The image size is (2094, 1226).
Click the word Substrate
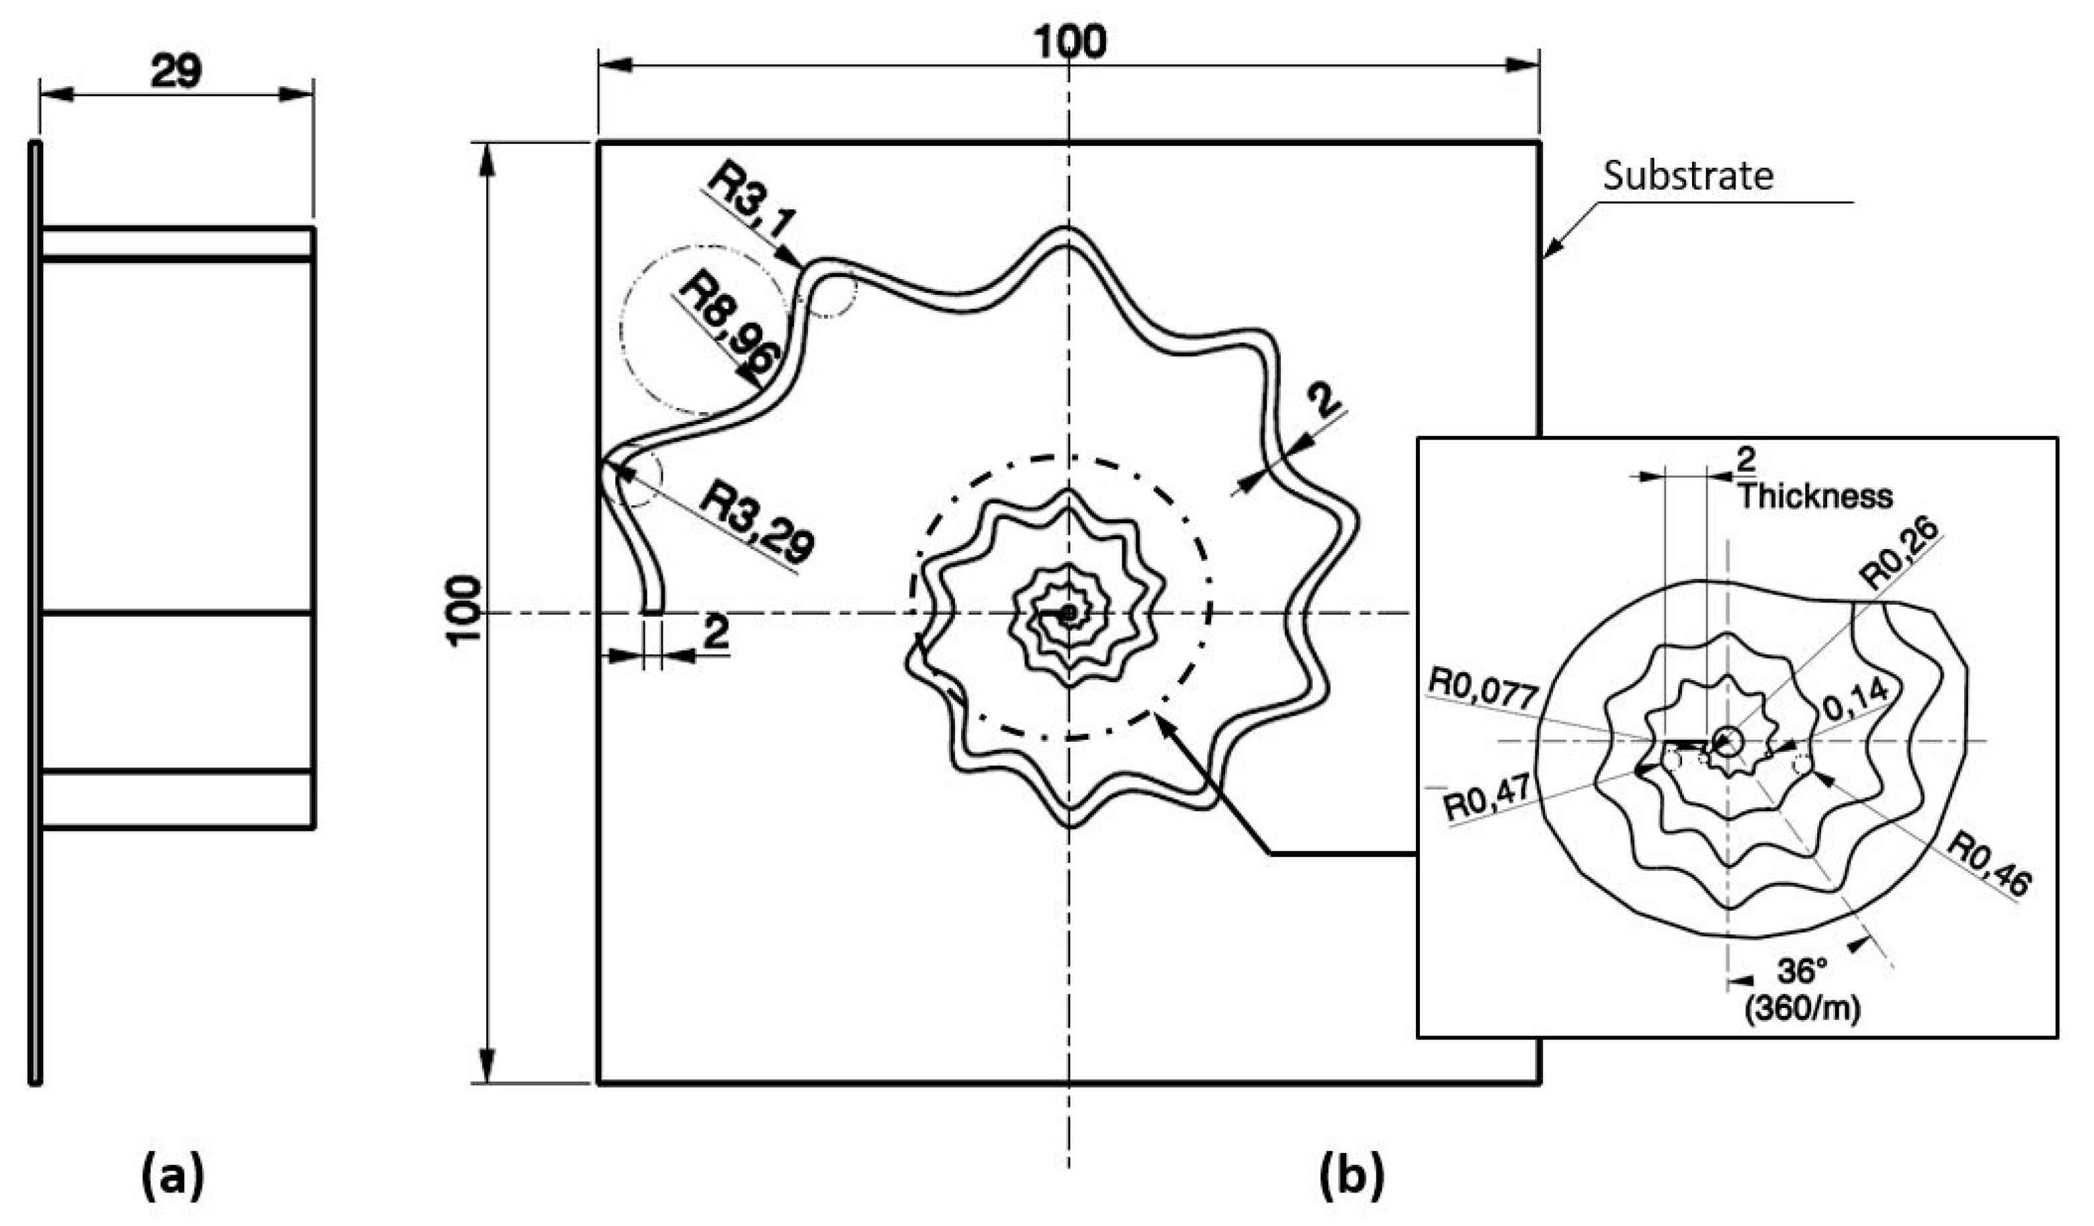click(1687, 176)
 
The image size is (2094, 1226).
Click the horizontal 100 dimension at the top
click(1069, 41)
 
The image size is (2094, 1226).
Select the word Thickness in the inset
click(1816, 496)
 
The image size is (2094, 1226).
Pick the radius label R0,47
click(1487, 799)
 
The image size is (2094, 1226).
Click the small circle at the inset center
click(1727, 740)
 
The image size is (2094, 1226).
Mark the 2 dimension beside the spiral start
click(716, 633)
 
